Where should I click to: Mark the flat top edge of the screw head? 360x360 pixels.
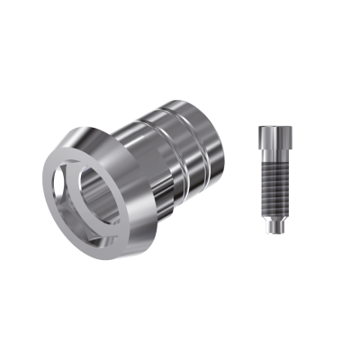pos(274,127)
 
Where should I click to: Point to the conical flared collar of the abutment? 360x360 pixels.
pos(135,144)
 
